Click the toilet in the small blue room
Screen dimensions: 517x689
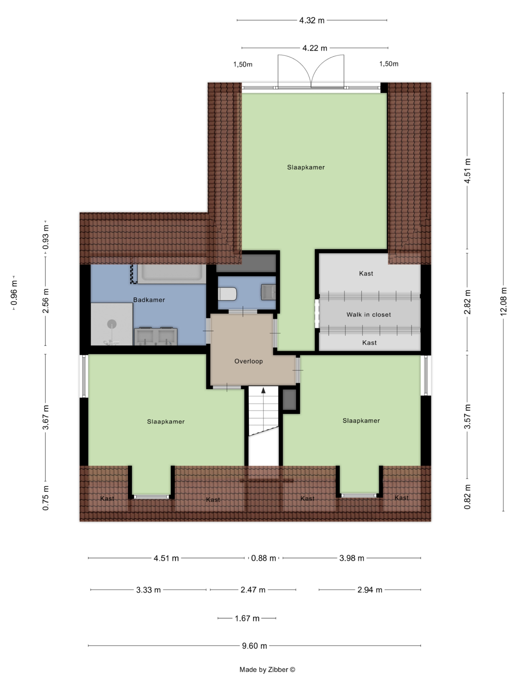[x=227, y=294]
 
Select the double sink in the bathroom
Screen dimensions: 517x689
[x=156, y=336]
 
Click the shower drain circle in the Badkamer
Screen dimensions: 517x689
[x=112, y=324]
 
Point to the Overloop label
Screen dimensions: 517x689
[x=248, y=361]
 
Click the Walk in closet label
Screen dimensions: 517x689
[x=369, y=315]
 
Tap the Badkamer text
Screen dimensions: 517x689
[x=149, y=300]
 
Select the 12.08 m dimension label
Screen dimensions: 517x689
[x=503, y=301]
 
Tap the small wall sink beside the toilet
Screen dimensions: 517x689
[x=268, y=292]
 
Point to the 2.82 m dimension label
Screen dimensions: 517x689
[x=467, y=302]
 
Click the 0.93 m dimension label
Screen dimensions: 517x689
[x=45, y=237]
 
